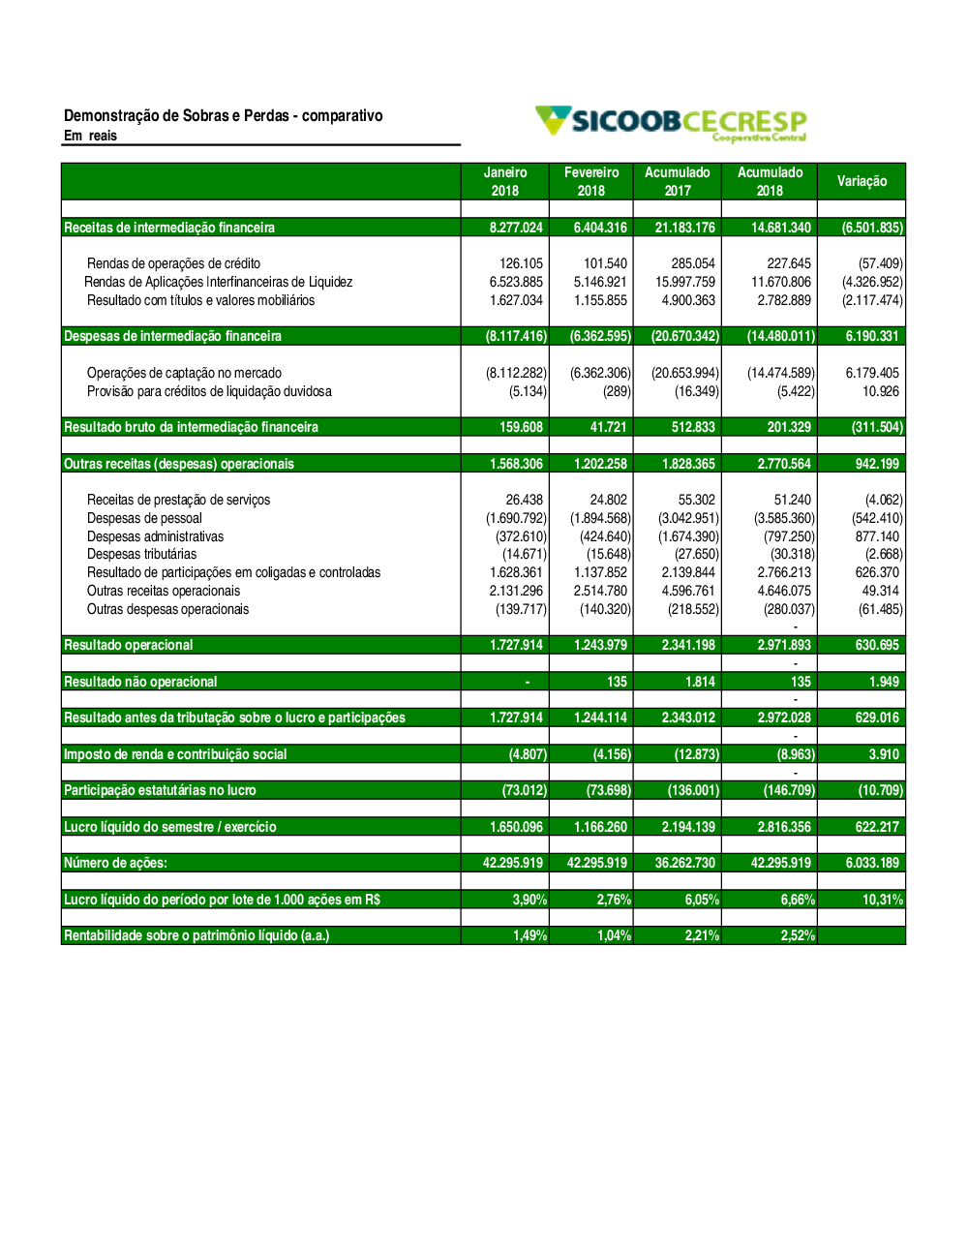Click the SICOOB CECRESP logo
coord(672,123)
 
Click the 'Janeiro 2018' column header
coord(505,181)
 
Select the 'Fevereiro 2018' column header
coord(591,181)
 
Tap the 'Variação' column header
coord(862,181)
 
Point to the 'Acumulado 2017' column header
coord(678,181)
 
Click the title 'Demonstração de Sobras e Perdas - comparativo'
coord(224,116)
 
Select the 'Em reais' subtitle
coord(90,136)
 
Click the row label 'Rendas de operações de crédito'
coord(173,263)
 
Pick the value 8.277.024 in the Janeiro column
coord(516,228)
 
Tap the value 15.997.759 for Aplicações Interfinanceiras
coord(685,282)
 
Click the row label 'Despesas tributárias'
coord(141,554)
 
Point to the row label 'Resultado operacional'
coord(128,645)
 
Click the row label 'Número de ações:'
coord(115,863)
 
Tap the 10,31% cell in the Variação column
coord(882,900)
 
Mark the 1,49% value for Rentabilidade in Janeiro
coord(529,935)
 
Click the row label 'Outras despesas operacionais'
coord(167,609)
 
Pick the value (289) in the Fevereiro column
coord(617,391)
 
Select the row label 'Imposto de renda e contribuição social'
coord(175,754)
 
